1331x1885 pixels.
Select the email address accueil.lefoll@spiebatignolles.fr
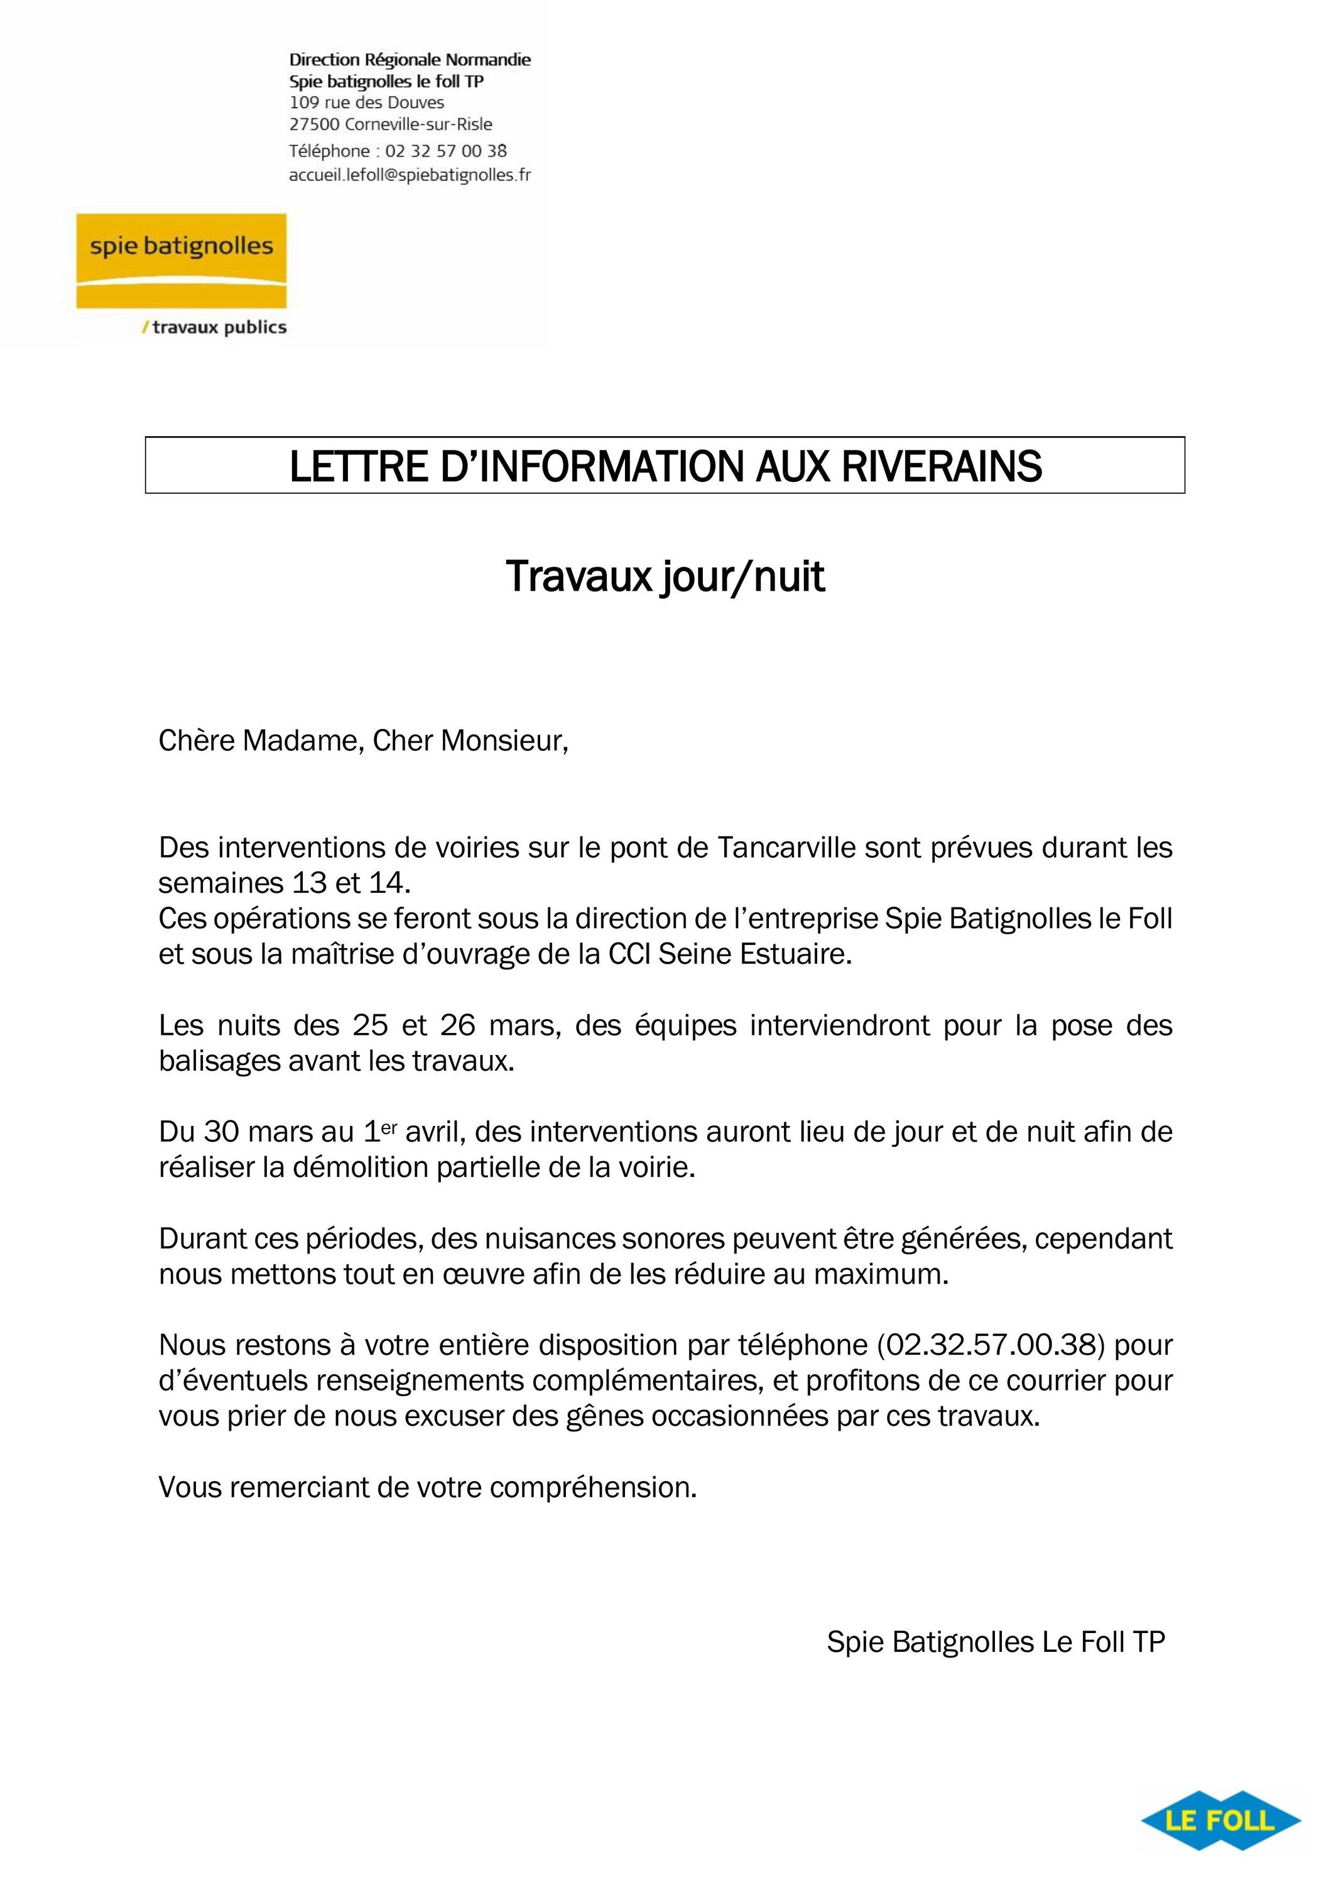click(410, 175)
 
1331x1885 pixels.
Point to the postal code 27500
click(314, 125)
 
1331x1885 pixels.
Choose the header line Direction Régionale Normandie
click(410, 60)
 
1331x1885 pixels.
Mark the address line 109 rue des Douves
click(367, 102)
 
